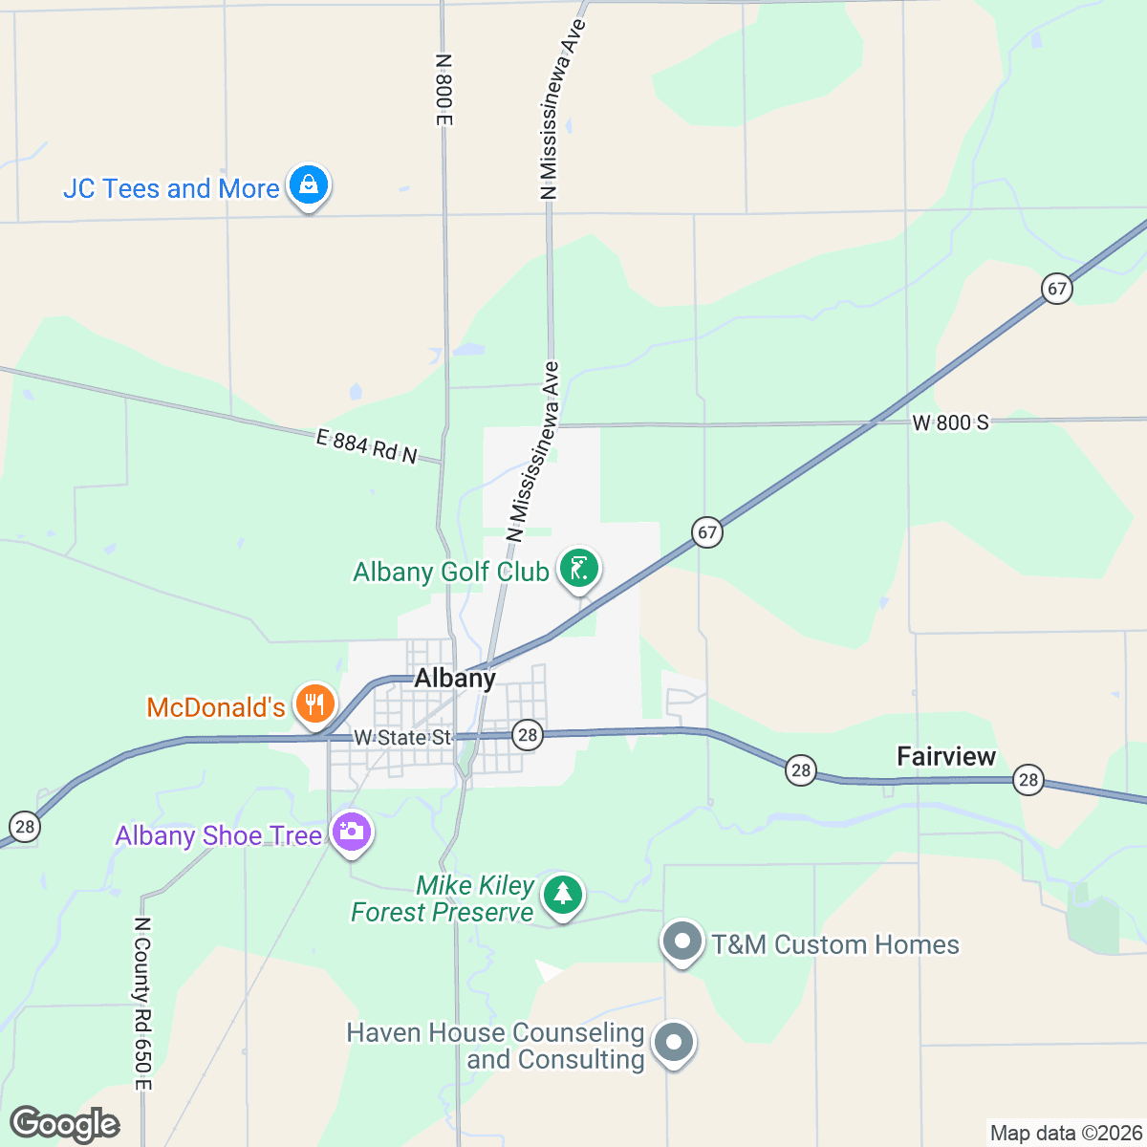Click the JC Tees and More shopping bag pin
(x=309, y=184)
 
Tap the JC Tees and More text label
(x=171, y=188)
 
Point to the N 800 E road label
(x=443, y=90)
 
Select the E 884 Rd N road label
(x=367, y=446)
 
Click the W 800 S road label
(x=950, y=422)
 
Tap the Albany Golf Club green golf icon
(x=578, y=569)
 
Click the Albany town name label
(x=455, y=679)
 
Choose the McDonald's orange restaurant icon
(x=314, y=705)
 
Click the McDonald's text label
(x=216, y=707)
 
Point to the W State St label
(x=402, y=738)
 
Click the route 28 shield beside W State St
(x=527, y=735)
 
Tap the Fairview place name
(x=946, y=757)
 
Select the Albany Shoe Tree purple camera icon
(x=352, y=832)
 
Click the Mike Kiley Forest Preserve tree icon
(x=563, y=895)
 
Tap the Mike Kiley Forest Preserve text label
(x=443, y=899)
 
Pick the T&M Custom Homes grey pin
(x=682, y=941)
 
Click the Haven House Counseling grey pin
(x=674, y=1042)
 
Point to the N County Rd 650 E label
(x=142, y=1004)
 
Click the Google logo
(x=65, y=1125)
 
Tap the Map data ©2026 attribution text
(x=1065, y=1134)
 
